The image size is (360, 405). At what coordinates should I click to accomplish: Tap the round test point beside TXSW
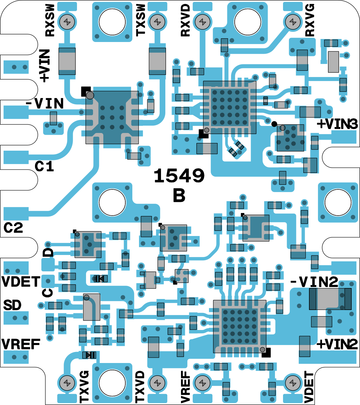tap(156, 22)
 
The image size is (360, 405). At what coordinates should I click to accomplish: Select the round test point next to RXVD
tap(202, 22)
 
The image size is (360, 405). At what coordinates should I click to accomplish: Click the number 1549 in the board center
tap(179, 175)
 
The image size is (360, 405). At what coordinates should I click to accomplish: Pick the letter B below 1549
tap(179, 196)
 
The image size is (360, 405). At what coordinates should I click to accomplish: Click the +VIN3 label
tap(337, 124)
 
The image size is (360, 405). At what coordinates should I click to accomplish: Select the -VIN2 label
tap(314, 282)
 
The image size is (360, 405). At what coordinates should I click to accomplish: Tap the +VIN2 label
tap(337, 344)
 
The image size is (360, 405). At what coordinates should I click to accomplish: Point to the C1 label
tap(44, 166)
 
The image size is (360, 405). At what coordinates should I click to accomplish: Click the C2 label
tap(13, 228)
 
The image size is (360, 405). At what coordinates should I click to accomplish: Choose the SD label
tap(12, 305)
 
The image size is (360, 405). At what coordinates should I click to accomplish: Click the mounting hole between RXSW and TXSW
tap(112, 22)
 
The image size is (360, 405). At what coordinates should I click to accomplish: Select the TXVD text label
tap(140, 387)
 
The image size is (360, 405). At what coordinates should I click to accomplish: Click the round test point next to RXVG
tap(292, 22)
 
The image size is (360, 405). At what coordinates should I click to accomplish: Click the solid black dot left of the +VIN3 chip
tap(274, 124)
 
